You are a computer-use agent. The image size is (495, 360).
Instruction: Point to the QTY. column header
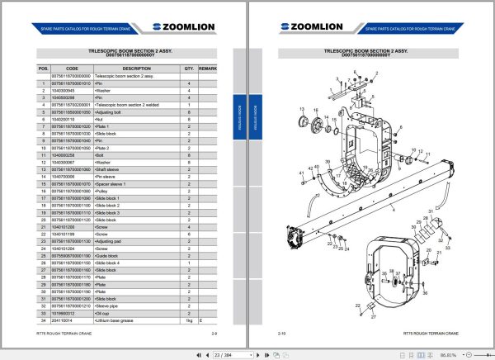(188, 69)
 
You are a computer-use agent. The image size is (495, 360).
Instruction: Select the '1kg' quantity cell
(188, 320)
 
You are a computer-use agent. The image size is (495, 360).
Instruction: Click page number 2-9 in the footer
(214, 333)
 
